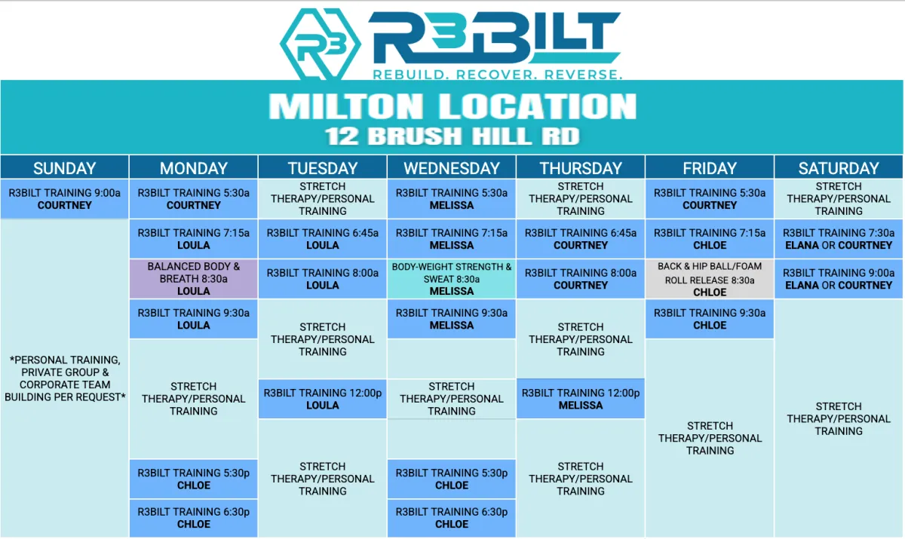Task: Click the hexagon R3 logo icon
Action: pyautogui.click(x=320, y=44)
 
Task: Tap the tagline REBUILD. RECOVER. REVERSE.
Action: pyautogui.click(x=497, y=75)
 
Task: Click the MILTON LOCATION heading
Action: pyautogui.click(x=452, y=106)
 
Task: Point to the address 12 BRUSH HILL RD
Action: pyautogui.click(x=452, y=136)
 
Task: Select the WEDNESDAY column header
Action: pyautogui.click(x=452, y=168)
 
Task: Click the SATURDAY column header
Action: pyautogui.click(x=839, y=168)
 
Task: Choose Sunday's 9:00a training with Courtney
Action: pyautogui.click(x=65, y=199)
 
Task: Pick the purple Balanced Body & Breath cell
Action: pyautogui.click(x=194, y=279)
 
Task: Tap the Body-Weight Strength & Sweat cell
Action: pyautogui.click(x=452, y=279)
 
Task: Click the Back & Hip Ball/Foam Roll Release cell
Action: pyautogui.click(x=710, y=279)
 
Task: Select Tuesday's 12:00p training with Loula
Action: pyautogui.click(x=323, y=399)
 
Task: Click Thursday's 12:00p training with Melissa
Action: pyautogui.click(x=581, y=399)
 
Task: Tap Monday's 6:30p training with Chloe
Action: pyautogui.click(x=194, y=518)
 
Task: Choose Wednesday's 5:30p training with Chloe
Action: pyautogui.click(x=452, y=479)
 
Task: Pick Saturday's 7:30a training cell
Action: pyautogui.click(x=839, y=239)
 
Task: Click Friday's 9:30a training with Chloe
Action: pyautogui.click(x=710, y=319)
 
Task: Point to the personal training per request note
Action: pyautogui.click(x=65, y=378)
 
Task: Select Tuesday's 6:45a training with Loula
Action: pyautogui.click(x=323, y=239)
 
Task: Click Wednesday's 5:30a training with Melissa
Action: pyautogui.click(x=452, y=199)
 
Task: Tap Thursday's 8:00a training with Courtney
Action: pyautogui.click(x=581, y=279)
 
